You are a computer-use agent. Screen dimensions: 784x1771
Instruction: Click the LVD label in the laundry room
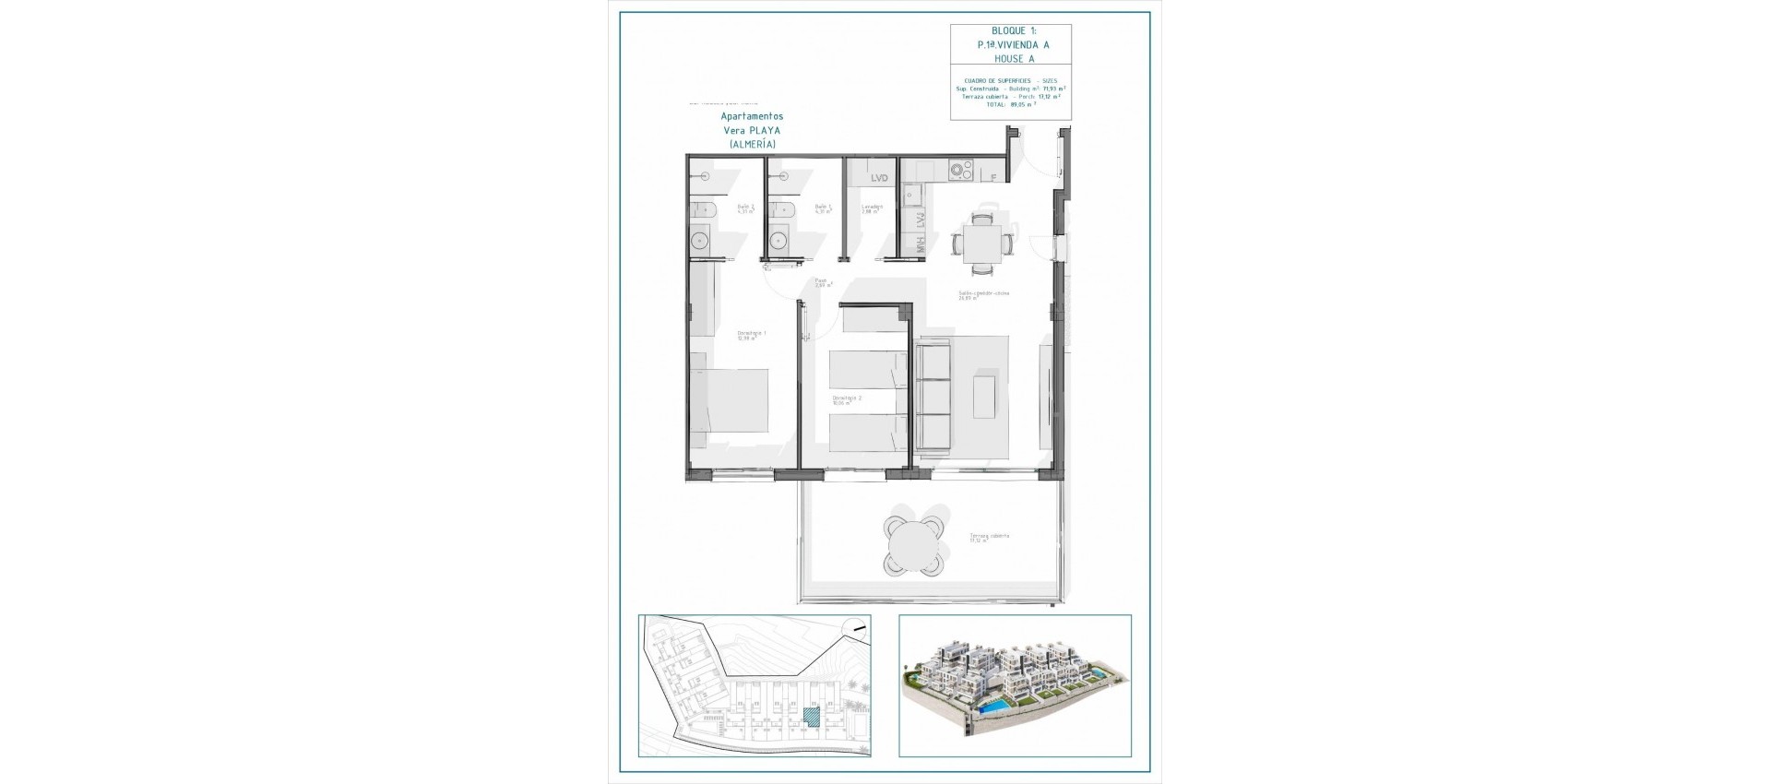(x=878, y=178)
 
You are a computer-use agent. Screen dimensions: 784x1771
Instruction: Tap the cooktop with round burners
(x=962, y=170)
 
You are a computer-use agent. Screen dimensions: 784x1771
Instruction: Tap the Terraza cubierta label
(x=988, y=538)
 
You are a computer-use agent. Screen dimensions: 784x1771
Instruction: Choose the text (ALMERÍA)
(x=752, y=145)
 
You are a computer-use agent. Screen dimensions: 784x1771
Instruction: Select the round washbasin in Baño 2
(x=700, y=242)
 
